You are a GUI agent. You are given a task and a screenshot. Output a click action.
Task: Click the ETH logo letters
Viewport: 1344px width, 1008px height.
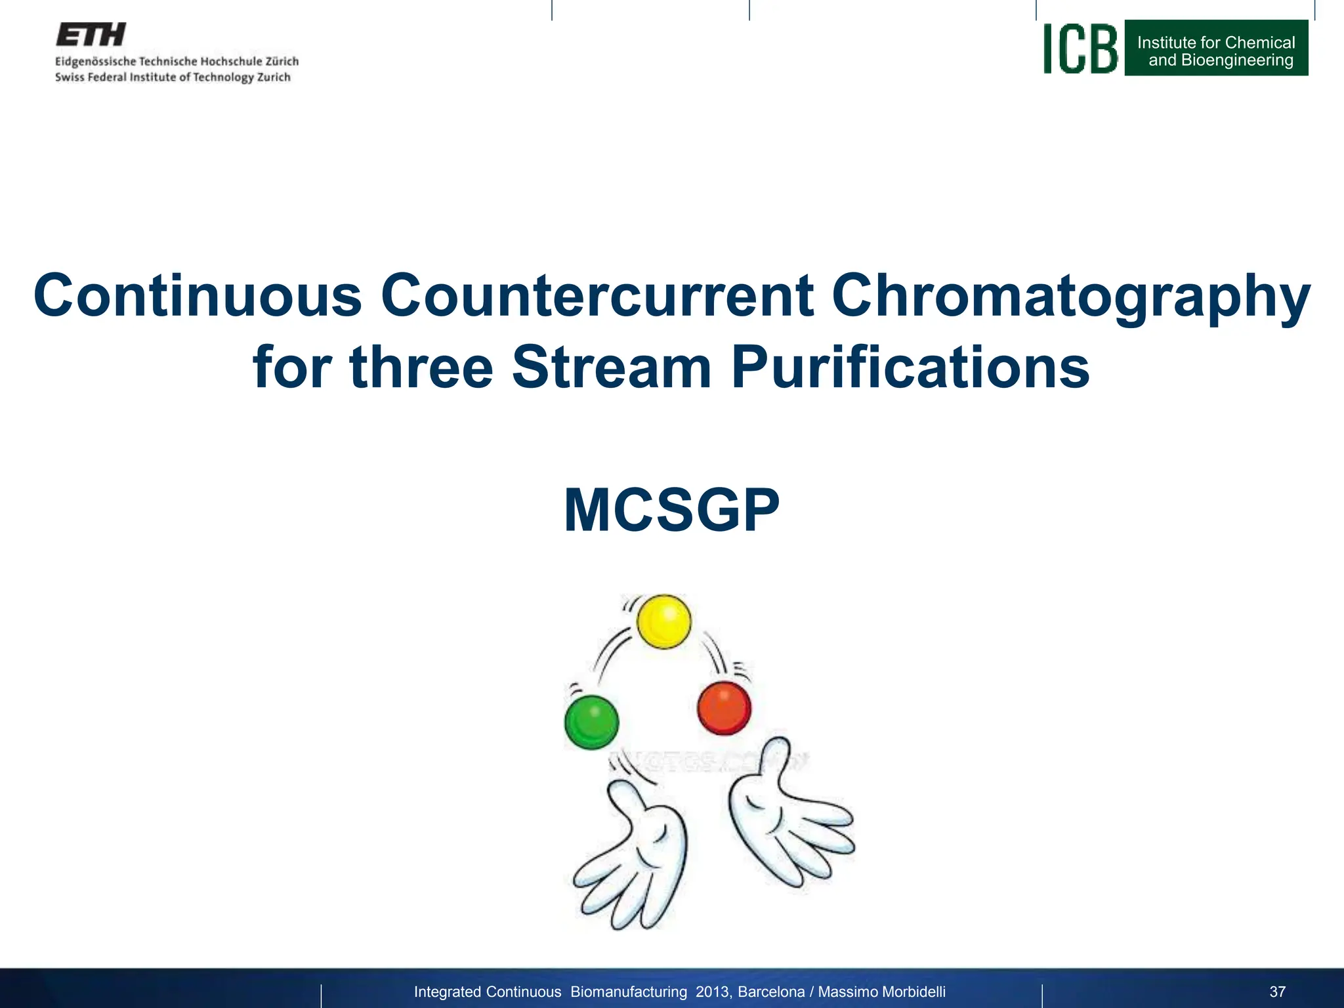(91, 35)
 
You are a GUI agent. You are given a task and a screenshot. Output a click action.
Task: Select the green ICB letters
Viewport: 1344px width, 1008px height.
(1080, 49)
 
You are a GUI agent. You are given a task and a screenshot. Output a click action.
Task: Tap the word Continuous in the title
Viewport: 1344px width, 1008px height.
(198, 295)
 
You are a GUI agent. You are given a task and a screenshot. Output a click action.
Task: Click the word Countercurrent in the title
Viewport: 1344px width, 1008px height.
(597, 295)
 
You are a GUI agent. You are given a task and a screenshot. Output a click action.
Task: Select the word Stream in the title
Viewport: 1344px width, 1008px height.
(611, 367)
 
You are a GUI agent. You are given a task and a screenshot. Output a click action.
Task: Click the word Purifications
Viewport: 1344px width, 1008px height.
(910, 367)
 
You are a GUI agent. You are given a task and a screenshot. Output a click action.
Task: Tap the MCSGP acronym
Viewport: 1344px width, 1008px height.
(671, 511)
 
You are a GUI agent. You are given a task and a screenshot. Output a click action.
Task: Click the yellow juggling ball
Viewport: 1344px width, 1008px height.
(664, 621)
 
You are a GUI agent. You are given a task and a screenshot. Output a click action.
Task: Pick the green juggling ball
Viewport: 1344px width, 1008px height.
(591, 722)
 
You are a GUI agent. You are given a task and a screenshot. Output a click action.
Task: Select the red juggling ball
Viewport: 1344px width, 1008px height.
(724, 708)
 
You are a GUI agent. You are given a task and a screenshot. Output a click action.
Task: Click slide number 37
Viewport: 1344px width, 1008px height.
(1277, 992)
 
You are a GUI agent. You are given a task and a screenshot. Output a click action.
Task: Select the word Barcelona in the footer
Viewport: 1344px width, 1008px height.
(771, 992)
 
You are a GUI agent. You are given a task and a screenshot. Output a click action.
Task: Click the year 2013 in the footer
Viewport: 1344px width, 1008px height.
(713, 992)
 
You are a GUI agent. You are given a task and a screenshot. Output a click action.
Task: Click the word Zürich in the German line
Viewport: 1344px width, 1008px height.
(282, 61)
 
